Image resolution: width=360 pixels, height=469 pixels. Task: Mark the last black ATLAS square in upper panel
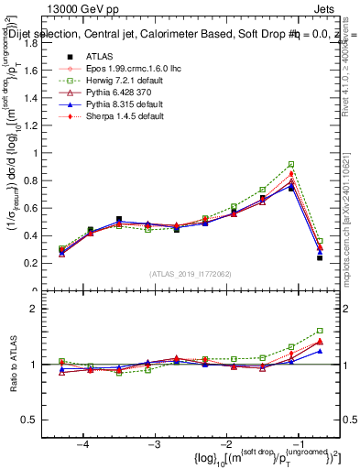coord(320,258)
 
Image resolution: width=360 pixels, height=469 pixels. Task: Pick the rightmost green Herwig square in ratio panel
coord(320,331)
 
